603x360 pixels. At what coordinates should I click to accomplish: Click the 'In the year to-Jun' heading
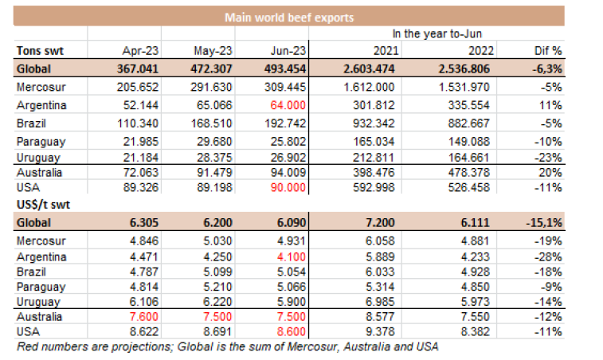point(437,33)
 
